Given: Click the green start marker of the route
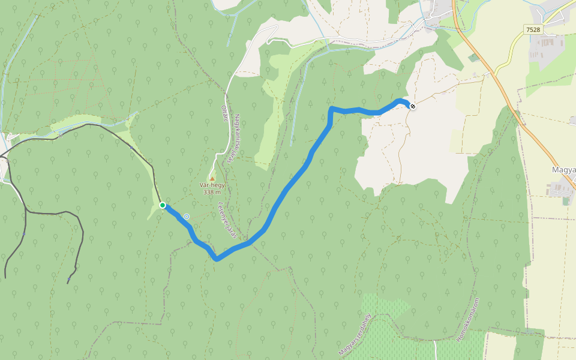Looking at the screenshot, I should [163, 205].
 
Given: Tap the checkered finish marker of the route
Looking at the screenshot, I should [412, 106].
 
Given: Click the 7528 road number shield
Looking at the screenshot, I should [531, 29].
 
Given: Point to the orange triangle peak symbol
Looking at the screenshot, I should [212, 178].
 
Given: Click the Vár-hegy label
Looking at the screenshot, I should [212, 185].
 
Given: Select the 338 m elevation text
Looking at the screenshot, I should [212, 192].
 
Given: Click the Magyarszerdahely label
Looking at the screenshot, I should [355, 334].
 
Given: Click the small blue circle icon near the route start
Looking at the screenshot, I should [187, 217].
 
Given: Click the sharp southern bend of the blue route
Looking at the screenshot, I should [217, 259].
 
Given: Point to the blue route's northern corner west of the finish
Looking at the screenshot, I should [332, 109].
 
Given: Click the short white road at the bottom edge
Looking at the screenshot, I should [434, 350].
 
